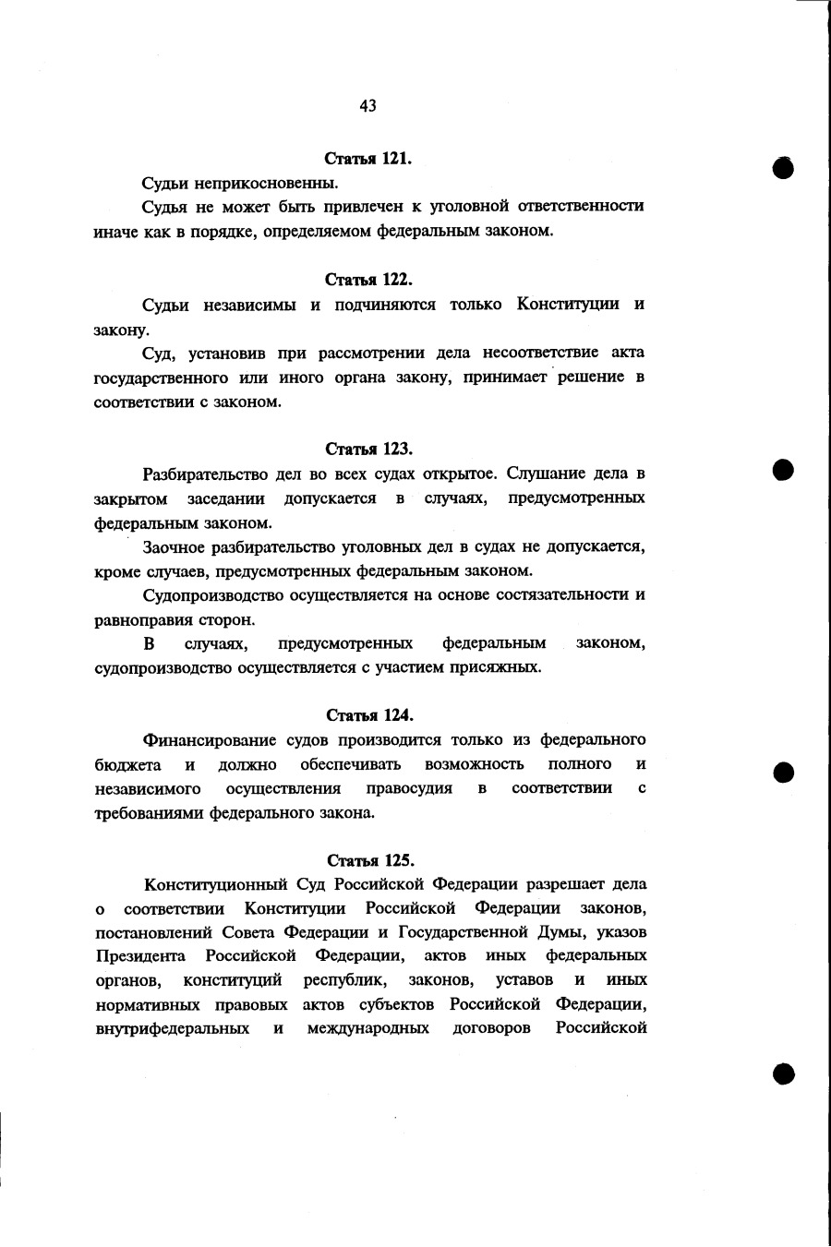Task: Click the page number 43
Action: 367,106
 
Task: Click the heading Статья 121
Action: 368,159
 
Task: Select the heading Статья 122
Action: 368,279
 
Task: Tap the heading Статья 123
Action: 368,449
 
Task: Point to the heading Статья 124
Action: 369,715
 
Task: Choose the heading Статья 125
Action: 369,860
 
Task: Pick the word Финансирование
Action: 210,739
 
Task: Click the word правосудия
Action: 409,788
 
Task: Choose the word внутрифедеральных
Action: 172,1028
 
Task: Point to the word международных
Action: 367,1028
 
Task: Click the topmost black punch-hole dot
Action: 784,167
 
